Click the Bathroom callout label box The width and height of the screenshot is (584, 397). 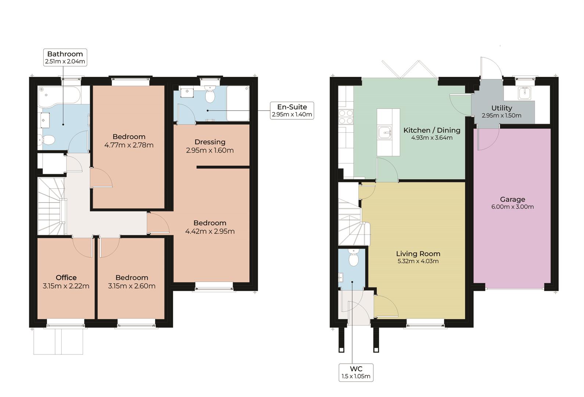65,57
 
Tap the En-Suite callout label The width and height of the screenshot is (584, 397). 292,111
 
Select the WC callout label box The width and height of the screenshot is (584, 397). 356,372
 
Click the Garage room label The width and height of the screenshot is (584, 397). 512,199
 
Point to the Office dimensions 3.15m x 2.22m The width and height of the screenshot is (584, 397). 66,286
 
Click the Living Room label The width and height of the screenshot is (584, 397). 418,254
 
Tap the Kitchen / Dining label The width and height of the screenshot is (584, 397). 432,130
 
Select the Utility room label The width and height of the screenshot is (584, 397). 502,108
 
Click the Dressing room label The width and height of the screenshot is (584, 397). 210,142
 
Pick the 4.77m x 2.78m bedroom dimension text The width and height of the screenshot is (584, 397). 129,145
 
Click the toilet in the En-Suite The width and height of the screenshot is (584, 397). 210,94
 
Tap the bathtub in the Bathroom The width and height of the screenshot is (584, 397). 60,95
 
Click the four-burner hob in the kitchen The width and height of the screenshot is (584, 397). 346,117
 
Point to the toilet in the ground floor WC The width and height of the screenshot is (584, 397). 354,257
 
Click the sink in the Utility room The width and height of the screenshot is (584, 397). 524,93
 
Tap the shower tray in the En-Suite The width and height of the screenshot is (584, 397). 238,103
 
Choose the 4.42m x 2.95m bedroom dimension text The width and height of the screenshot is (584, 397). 210,231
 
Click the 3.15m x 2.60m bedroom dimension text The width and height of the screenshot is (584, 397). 132,286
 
